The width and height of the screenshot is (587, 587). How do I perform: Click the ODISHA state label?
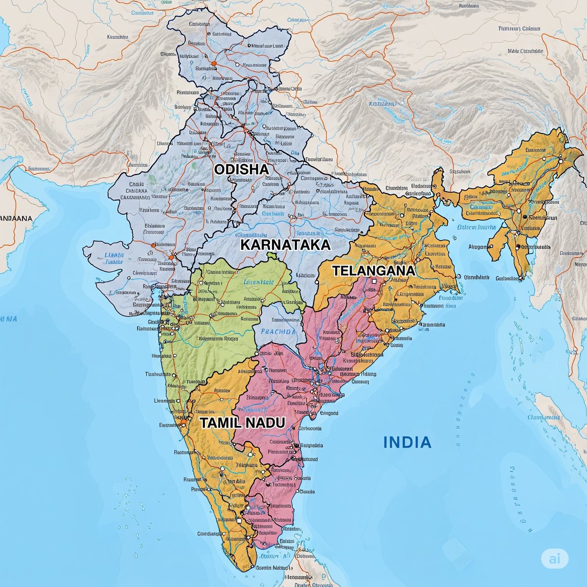coord(241,169)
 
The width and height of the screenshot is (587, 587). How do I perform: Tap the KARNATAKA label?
coord(285,245)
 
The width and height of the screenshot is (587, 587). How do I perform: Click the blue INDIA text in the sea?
coord(407,443)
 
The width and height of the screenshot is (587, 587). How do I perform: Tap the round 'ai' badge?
coord(554,558)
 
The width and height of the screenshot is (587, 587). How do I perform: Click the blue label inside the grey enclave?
coord(278,331)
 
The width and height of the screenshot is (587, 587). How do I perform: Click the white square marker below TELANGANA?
coord(374,282)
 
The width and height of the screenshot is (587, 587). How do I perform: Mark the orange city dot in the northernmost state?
coord(213,63)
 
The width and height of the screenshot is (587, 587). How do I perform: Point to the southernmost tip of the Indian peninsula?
coord(255,567)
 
